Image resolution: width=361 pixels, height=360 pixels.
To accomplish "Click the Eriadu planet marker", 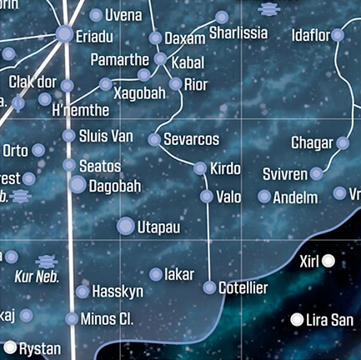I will point(64,34).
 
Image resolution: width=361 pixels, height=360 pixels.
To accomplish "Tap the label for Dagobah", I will point(115,186).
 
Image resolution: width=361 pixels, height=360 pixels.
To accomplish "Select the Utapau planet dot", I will point(126,226).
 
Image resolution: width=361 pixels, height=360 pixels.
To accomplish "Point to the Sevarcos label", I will point(192,138).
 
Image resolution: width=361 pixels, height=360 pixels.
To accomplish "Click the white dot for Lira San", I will point(298,320).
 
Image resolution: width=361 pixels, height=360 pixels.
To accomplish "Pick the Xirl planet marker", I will point(328,262).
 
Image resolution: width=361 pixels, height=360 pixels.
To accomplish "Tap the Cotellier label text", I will point(243,288).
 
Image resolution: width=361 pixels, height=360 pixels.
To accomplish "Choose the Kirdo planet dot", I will point(200,168).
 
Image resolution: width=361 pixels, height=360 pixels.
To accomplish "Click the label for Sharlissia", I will point(238,33).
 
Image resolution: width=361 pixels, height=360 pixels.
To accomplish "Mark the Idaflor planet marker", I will point(337,35).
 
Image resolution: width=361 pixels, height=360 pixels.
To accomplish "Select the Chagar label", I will point(312,143).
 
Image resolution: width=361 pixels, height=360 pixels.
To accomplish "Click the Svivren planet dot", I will point(316,174).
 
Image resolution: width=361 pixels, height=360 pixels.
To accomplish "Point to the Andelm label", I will point(295,197).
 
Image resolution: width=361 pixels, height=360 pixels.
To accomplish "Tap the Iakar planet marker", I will point(156,274).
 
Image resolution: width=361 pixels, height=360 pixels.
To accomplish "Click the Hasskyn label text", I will point(118,292).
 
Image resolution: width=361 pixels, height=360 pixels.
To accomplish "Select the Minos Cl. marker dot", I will point(72,318).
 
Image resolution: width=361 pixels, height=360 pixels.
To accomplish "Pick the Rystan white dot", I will point(10,347).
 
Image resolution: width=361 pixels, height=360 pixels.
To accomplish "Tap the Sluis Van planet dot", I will point(68,136).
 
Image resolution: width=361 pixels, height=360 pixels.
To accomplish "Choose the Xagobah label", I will point(139,92).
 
